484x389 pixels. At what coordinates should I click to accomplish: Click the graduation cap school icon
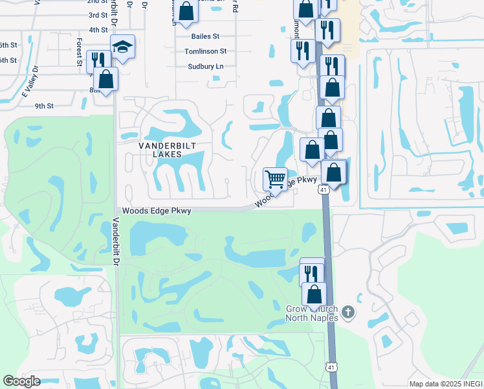click(x=122, y=47)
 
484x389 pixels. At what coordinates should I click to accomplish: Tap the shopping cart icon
click(x=275, y=178)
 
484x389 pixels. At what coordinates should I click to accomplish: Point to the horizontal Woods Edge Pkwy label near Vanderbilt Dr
click(x=157, y=211)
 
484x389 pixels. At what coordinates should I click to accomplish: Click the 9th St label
click(x=44, y=106)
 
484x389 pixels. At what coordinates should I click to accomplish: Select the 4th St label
click(x=98, y=30)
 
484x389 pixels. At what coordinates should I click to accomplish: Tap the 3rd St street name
click(x=98, y=15)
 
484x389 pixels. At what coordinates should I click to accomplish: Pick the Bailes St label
click(x=206, y=37)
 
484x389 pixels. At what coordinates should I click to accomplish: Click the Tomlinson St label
click(x=205, y=51)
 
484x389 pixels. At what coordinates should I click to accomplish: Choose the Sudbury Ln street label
click(x=205, y=66)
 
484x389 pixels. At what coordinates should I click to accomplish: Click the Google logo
click(x=21, y=381)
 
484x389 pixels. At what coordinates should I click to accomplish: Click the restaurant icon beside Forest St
click(x=98, y=60)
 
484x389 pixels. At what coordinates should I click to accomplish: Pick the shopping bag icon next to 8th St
click(x=106, y=78)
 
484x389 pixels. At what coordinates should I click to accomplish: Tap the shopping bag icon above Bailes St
click(x=186, y=10)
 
